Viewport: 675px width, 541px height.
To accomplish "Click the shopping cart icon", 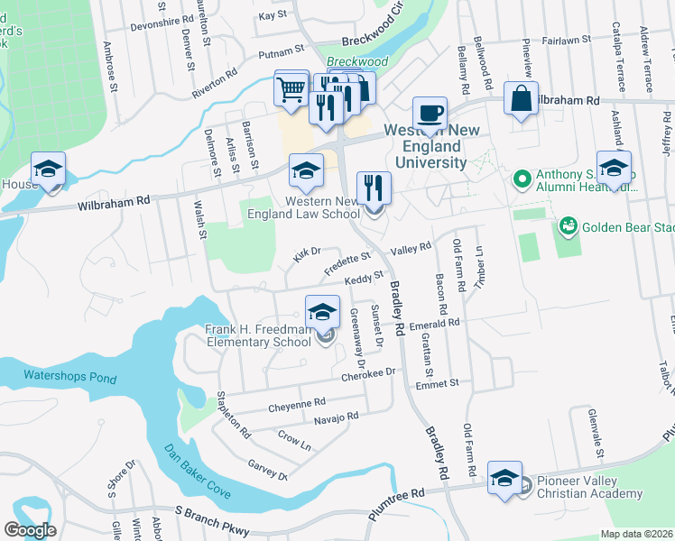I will pyautogui.click(x=291, y=89).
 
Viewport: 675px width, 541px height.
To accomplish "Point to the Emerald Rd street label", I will pyautogui.click(x=435, y=323).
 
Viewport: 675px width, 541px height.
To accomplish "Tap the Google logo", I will pyautogui.click(x=30, y=530).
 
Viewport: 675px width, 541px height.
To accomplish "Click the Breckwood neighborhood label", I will pyautogui.click(x=357, y=61).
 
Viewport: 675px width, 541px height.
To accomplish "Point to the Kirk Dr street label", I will pyautogui.click(x=307, y=256).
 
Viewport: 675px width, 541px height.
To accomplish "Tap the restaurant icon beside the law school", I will pyautogui.click(x=374, y=189).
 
